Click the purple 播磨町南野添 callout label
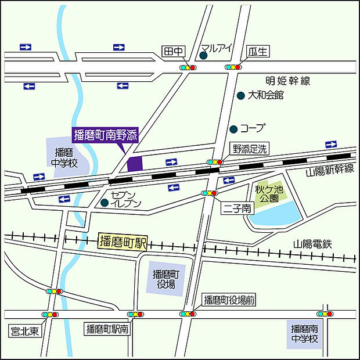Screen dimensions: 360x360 pyautogui.click(x=105, y=135)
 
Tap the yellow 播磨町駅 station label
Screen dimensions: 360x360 pyautogui.click(x=123, y=242)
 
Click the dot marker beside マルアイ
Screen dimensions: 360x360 pyautogui.click(x=203, y=56)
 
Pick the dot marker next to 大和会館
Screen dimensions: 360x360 pyautogui.click(x=240, y=95)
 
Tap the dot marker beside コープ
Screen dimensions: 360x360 pyautogui.click(x=233, y=128)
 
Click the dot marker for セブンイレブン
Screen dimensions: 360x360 pyautogui.click(x=105, y=203)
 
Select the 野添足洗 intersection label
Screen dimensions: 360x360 pyautogui.click(x=250, y=149)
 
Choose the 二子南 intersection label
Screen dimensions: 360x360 pyautogui.click(x=237, y=208)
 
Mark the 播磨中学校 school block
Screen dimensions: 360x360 pyautogui.click(x=66, y=157)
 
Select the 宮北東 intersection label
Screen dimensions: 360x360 pyautogui.click(x=25, y=332)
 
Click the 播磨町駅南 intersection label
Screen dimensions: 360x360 pyautogui.click(x=107, y=329)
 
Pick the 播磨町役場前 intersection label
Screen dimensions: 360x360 pyautogui.click(x=228, y=300)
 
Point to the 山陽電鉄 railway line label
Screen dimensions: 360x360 pyautogui.click(x=312, y=244)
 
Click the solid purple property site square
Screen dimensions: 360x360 pyautogui.click(x=135, y=164)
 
